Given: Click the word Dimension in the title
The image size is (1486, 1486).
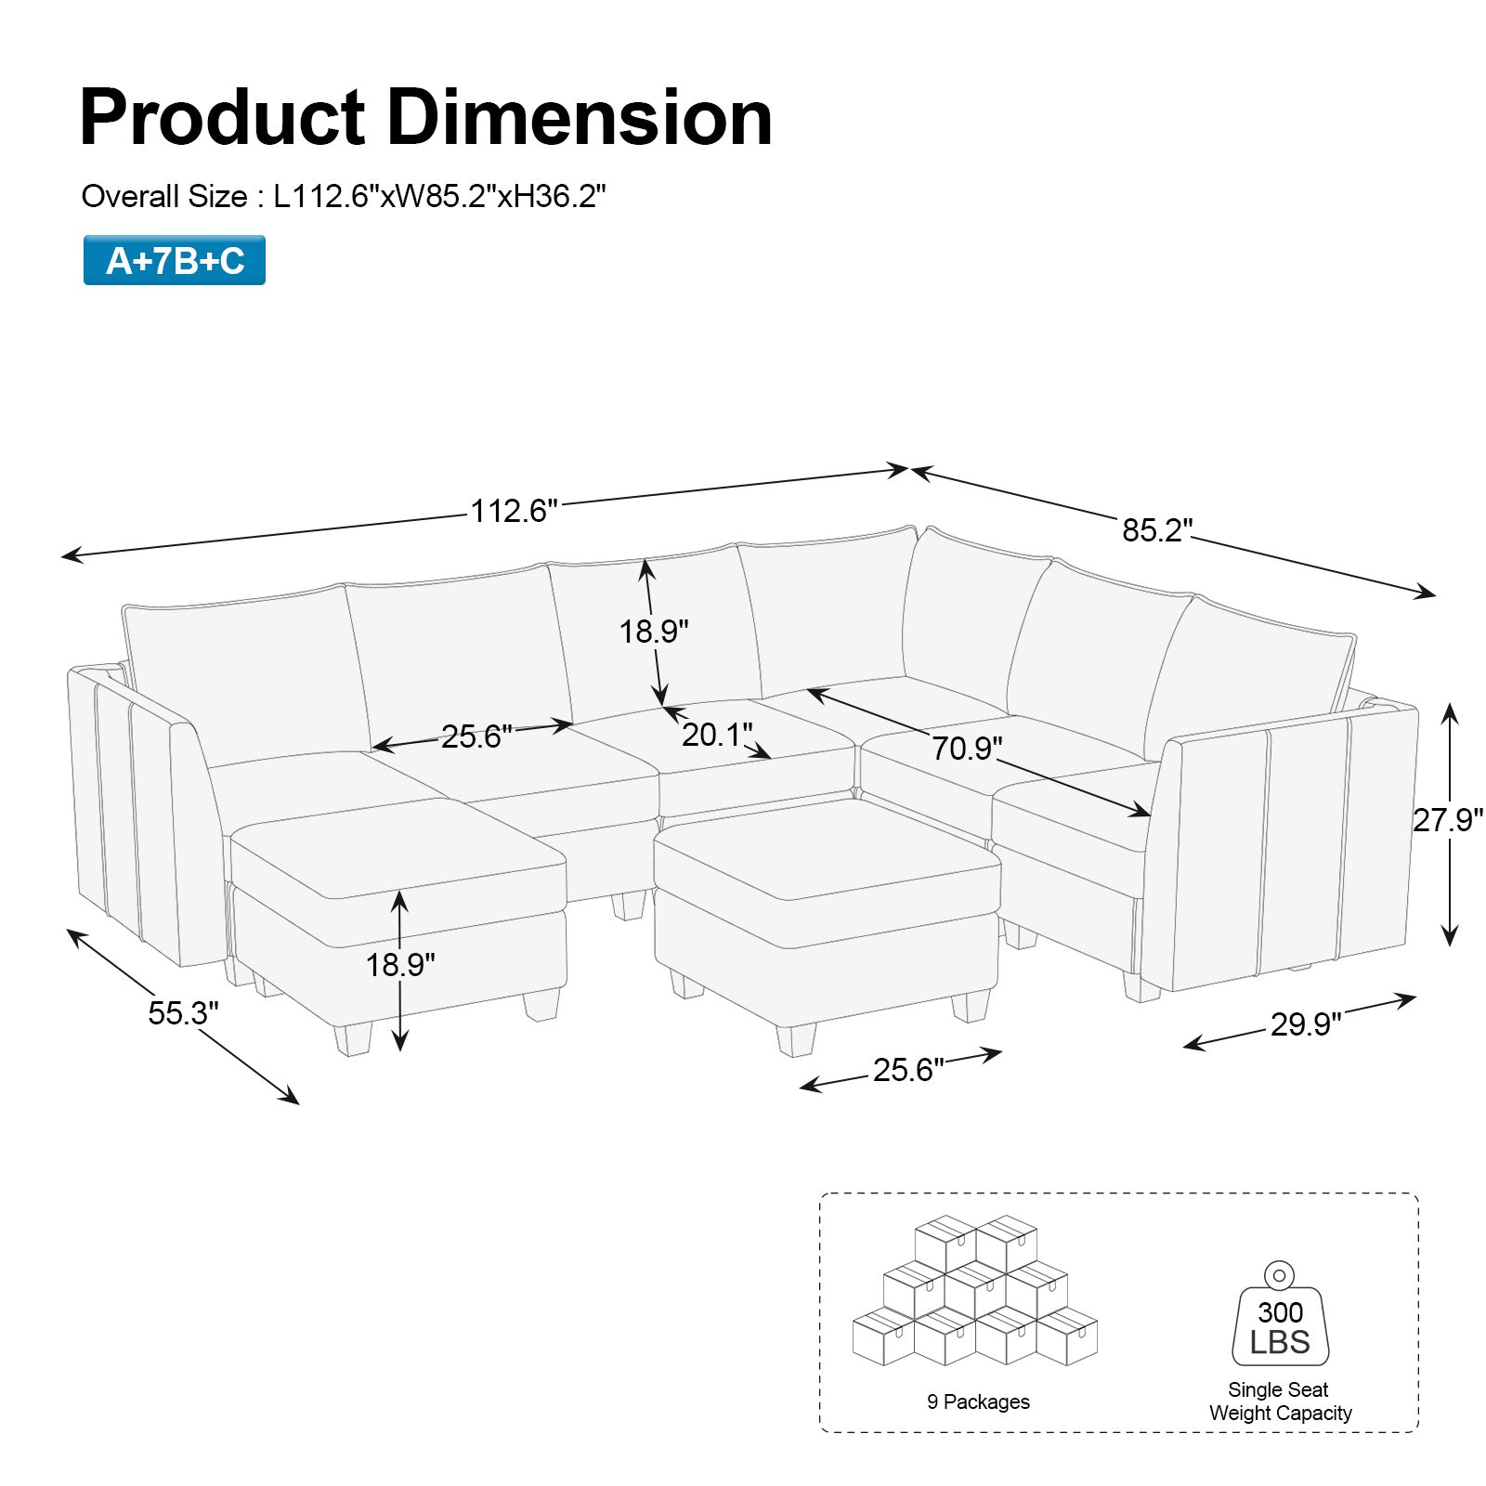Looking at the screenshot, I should point(579,118).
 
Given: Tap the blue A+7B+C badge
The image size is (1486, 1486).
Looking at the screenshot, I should point(175,261).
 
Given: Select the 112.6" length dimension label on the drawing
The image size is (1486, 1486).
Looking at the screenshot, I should point(514,511).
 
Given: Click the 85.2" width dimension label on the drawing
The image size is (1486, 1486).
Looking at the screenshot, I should point(1156,530).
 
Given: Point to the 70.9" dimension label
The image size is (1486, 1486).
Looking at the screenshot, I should point(967,748).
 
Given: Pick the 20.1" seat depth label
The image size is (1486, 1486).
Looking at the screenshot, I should point(717,735).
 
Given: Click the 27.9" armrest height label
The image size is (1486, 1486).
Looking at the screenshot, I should point(1447,820).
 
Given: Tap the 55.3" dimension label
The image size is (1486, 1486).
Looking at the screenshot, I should point(183,1012).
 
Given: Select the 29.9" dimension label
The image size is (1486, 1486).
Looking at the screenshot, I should point(1306,1024).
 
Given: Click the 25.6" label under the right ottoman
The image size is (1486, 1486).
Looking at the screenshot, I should point(907,1070).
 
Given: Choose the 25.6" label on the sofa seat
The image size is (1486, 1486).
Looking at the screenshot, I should point(476,736).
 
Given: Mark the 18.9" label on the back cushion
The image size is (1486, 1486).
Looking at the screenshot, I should point(654,632).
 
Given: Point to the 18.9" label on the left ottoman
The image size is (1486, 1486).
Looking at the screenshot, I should point(399,965).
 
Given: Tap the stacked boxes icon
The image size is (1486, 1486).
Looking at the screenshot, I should point(974,1293).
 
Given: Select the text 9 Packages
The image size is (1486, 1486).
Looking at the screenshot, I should point(978,1402).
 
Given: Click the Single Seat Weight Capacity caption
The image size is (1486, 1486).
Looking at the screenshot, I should point(1280,1401).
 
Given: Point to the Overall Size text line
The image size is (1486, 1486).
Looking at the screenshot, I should point(344,197).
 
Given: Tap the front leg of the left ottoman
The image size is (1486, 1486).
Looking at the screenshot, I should point(353,1038).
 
